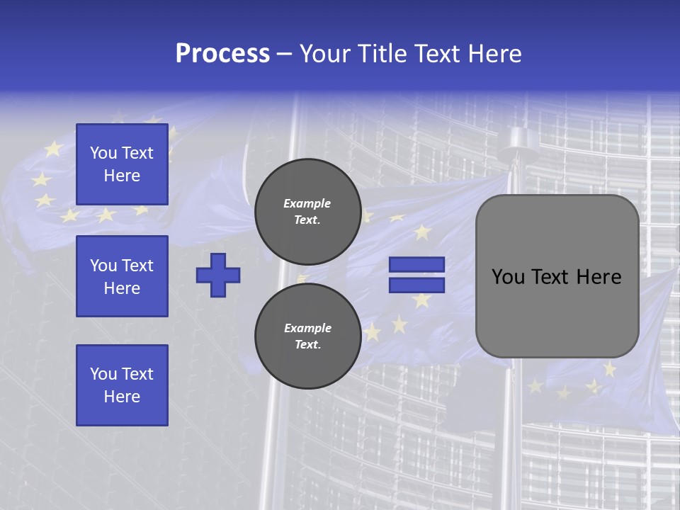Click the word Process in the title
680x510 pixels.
pyautogui.click(x=222, y=54)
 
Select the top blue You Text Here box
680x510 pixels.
pyautogui.click(x=122, y=164)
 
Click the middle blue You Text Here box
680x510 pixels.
pyautogui.click(x=122, y=276)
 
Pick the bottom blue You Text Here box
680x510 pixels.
pyautogui.click(x=122, y=385)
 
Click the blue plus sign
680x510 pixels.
pyautogui.click(x=218, y=275)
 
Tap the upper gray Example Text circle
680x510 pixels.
pyautogui.click(x=307, y=211)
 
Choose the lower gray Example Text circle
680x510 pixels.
pyautogui.click(x=307, y=336)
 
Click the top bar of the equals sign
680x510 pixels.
pyautogui.click(x=416, y=265)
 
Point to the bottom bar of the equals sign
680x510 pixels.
pyautogui.click(x=416, y=285)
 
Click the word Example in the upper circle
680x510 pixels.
pyautogui.click(x=307, y=203)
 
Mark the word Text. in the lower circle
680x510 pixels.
pyautogui.click(x=307, y=345)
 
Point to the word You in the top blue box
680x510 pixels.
pyautogui.click(x=103, y=153)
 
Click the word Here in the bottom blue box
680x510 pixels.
pyautogui.click(x=122, y=397)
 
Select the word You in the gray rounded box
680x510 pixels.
pyautogui.click(x=507, y=277)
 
